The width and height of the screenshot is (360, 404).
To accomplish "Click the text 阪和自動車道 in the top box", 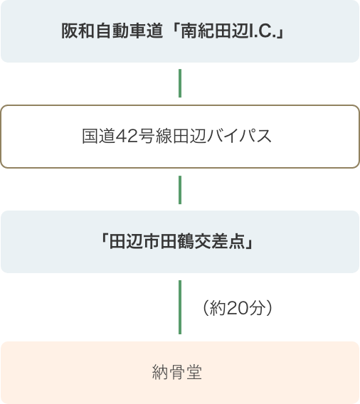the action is [112, 31].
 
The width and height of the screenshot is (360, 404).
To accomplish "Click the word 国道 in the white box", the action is [98, 136].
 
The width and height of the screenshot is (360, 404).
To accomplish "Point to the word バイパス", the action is [239, 136].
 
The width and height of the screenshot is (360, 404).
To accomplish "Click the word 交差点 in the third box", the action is [220, 242].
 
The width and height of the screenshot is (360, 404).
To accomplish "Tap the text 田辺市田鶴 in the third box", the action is [152, 242].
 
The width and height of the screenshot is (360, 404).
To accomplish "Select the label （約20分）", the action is [238, 308].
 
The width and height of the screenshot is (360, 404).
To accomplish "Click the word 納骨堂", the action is [177, 372].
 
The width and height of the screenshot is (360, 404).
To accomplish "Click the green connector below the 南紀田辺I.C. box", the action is [180, 83].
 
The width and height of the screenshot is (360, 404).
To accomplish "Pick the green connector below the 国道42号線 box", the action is [180, 190].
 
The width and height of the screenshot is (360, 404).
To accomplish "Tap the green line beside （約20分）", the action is [180, 307].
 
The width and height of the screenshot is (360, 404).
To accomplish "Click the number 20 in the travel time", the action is [238, 308].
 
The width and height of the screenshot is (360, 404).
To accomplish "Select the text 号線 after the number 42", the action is [155, 136].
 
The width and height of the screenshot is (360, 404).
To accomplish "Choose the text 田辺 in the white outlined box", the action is [189, 136].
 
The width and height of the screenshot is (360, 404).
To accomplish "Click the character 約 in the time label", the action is [218, 308].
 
